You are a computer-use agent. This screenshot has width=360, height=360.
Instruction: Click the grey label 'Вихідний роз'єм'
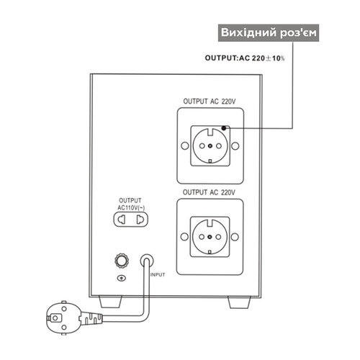pyautogui.click(x=269, y=33)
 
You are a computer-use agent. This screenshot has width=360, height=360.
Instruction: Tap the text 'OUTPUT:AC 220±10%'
pyautogui.click(x=245, y=58)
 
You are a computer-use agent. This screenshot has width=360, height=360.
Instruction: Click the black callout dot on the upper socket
pyautogui.click(x=224, y=128)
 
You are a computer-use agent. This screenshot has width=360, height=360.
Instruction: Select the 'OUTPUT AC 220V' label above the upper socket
pyautogui.click(x=210, y=102)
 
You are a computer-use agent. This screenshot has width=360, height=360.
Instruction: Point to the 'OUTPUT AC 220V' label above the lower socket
pyautogui.click(x=209, y=192)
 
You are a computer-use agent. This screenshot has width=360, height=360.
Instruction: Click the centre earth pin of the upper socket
pyautogui.click(x=210, y=146)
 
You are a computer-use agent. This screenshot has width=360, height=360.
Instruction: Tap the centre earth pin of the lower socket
pyautogui.click(x=210, y=237)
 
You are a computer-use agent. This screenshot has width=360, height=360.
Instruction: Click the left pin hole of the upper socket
pyautogui.click(x=202, y=146)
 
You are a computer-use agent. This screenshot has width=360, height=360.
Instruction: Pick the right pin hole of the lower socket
pyautogui.click(x=218, y=237)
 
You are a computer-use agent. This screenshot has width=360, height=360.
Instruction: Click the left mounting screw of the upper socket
pyautogui.click(x=184, y=145)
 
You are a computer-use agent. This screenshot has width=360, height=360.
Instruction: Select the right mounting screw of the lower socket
pyautogui.click(x=235, y=237)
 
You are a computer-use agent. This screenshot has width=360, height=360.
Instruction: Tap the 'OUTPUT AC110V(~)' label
pyautogui.click(x=131, y=204)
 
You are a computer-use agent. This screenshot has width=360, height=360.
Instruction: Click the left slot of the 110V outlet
pyautogui.click(x=122, y=220)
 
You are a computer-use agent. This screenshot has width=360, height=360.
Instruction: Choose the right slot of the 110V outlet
pyautogui.click(x=140, y=220)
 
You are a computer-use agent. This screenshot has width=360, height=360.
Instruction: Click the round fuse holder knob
pyautogui.click(x=122, y=261)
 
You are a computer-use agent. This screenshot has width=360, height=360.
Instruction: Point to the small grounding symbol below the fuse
pyautogui.click(x=122, y=278)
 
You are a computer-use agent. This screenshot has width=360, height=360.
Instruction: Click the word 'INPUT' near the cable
pyautogui.click(x=158, y=274)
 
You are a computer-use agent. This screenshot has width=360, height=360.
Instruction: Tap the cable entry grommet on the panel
pyautogui.click(x=147, y=261)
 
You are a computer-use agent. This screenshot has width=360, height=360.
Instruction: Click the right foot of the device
pyautogui.click(x=239, y=302)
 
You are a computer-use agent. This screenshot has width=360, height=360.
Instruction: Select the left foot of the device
pyautogui.click(x=111, y=302)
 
